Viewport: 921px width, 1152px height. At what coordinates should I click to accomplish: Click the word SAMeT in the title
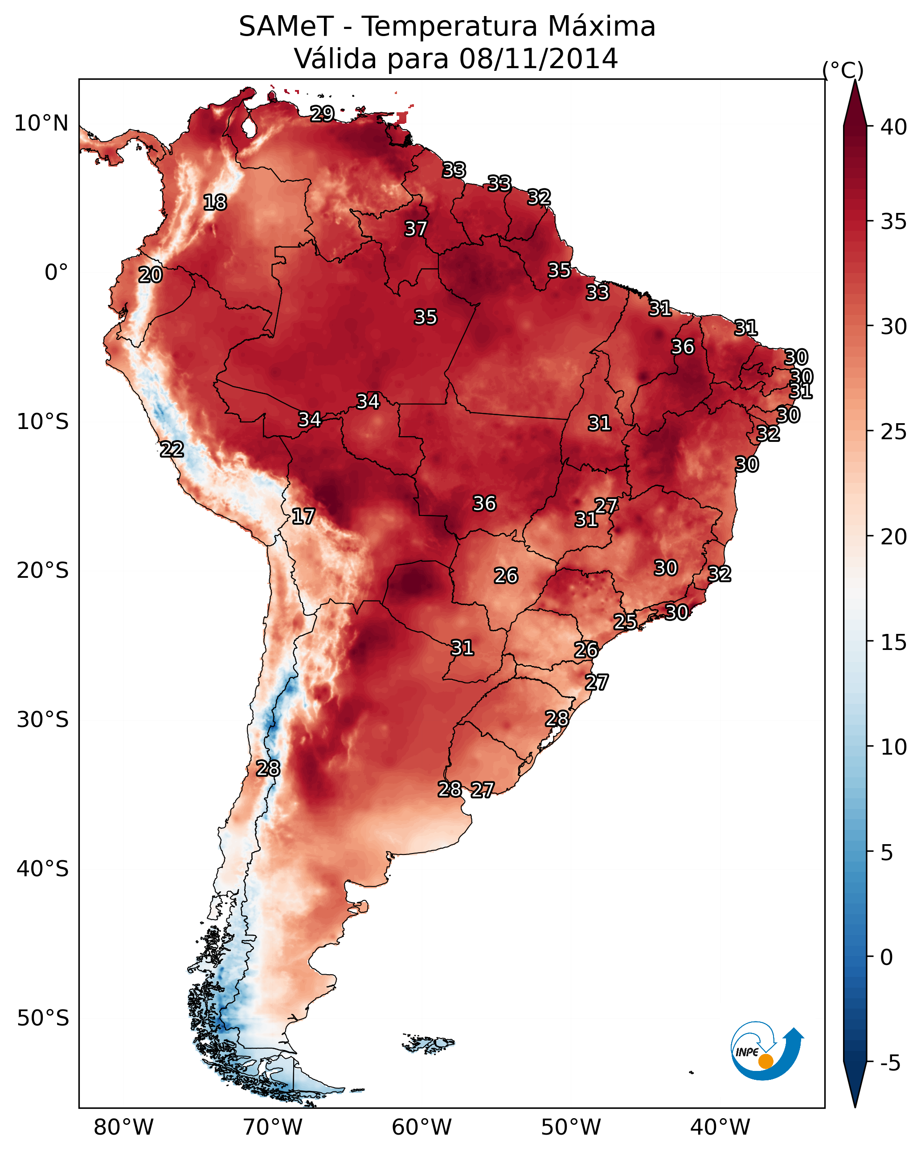click(x=286, y=27)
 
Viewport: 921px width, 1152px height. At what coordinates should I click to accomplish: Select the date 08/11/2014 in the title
click(x=538, y=59)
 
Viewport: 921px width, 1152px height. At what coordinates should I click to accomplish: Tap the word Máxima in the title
click(x=602, y=27)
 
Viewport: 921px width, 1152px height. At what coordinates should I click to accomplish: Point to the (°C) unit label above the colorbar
click(x=843, y=70)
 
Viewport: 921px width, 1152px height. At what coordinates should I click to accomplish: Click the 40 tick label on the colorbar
click(x=894, y=127)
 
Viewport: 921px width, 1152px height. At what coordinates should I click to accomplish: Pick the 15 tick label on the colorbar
click(x=894, y=642)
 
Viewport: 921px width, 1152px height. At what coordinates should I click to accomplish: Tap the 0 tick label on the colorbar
click(x=886, y=957)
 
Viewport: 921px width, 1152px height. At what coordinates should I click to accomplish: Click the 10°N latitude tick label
click(x=41, y=123)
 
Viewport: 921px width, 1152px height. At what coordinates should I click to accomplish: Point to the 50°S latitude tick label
click(x=43, y=1018)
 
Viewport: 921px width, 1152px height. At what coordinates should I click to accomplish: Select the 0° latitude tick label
click(x=56, y=273)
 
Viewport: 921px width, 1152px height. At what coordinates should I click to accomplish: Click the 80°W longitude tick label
click(x=123, y=1127)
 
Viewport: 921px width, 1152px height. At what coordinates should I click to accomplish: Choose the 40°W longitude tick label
click(x=720, y=1127)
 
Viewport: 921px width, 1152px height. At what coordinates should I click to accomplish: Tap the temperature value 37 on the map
click(x=415, y=229)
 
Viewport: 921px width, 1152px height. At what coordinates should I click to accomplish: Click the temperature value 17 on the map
click(x=303, y=516)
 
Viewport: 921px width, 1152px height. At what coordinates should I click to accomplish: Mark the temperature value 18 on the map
click(x=215, y=203)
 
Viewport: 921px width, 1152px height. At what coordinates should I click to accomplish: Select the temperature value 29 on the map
click(x=322, y=113)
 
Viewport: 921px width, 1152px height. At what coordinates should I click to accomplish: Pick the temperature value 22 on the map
click(x=172, y=449)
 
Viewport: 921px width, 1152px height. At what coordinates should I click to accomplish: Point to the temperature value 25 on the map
click(x=625, y=621)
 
